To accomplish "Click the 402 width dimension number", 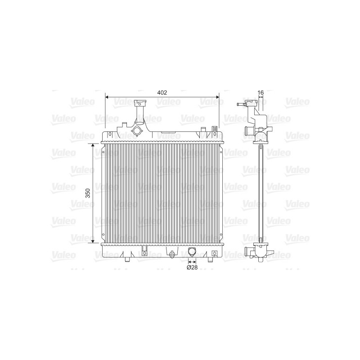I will tap(162, 92).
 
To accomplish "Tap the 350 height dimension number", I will tap(89, 193).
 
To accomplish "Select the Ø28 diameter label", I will tap(192, 268).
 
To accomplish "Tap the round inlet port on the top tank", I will tap(137, 131).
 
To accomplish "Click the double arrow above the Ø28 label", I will tap(192, 261).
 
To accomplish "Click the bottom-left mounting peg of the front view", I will tap(125, 259).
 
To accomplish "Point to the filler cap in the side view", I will tap(243, 105).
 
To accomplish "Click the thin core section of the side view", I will tap(261, 193).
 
